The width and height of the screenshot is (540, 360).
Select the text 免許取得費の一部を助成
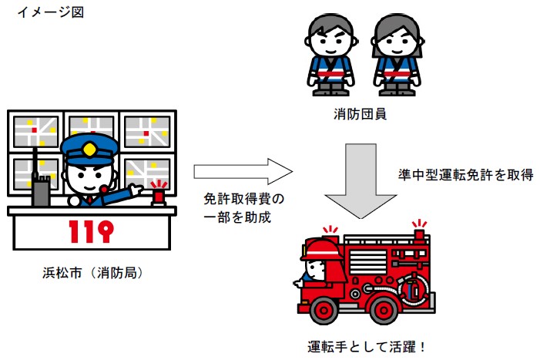click(238, 208)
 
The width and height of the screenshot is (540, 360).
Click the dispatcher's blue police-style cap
click(90, 146)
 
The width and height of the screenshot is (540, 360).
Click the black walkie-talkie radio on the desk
click(40, 185)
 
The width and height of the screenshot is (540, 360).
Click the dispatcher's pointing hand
click(136, 190)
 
